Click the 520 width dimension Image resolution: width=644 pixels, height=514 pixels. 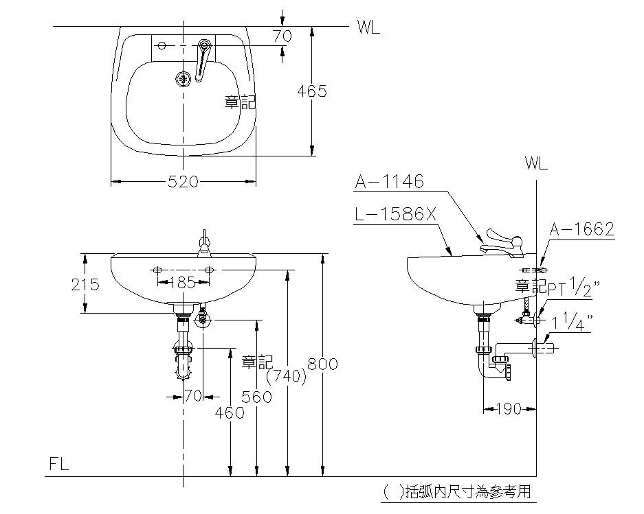[x=183, y=182]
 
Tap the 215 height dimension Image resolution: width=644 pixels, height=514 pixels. [x=86, y=284]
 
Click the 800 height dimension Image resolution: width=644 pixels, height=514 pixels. [x=323, y=364]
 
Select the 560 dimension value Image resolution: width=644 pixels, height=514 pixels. [x=256, y=396]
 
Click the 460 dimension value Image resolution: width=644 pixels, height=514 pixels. [x=230, y=412]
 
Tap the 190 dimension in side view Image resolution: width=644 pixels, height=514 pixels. [x=508, y=410]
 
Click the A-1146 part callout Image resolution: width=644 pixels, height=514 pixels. [x=390, y=183]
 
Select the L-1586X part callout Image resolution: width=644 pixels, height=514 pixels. [x=396, y=215]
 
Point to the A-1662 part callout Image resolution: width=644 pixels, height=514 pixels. [x=581, y=229]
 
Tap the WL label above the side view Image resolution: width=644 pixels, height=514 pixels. [x=535, y=164]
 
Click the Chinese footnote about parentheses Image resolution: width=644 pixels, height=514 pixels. [x=458, y=491]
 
